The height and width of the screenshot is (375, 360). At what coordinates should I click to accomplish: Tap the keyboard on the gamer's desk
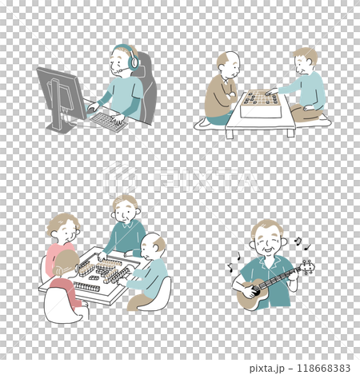click(108, 122)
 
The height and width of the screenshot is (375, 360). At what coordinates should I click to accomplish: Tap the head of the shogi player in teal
click(306, 61)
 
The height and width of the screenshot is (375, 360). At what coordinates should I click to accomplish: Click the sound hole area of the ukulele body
click(253, 291)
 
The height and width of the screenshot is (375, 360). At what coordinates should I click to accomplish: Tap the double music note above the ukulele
click(298, 241)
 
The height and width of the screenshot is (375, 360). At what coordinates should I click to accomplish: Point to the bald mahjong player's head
click(153, 246)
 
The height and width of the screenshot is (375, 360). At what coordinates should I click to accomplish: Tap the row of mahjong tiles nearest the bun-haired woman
click(86, 287)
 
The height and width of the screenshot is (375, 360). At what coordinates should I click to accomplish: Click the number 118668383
click(323, 369)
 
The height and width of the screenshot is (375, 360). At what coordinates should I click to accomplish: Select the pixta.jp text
click(267, 369)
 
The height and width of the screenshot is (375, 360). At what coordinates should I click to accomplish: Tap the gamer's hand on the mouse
click(94, 106)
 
